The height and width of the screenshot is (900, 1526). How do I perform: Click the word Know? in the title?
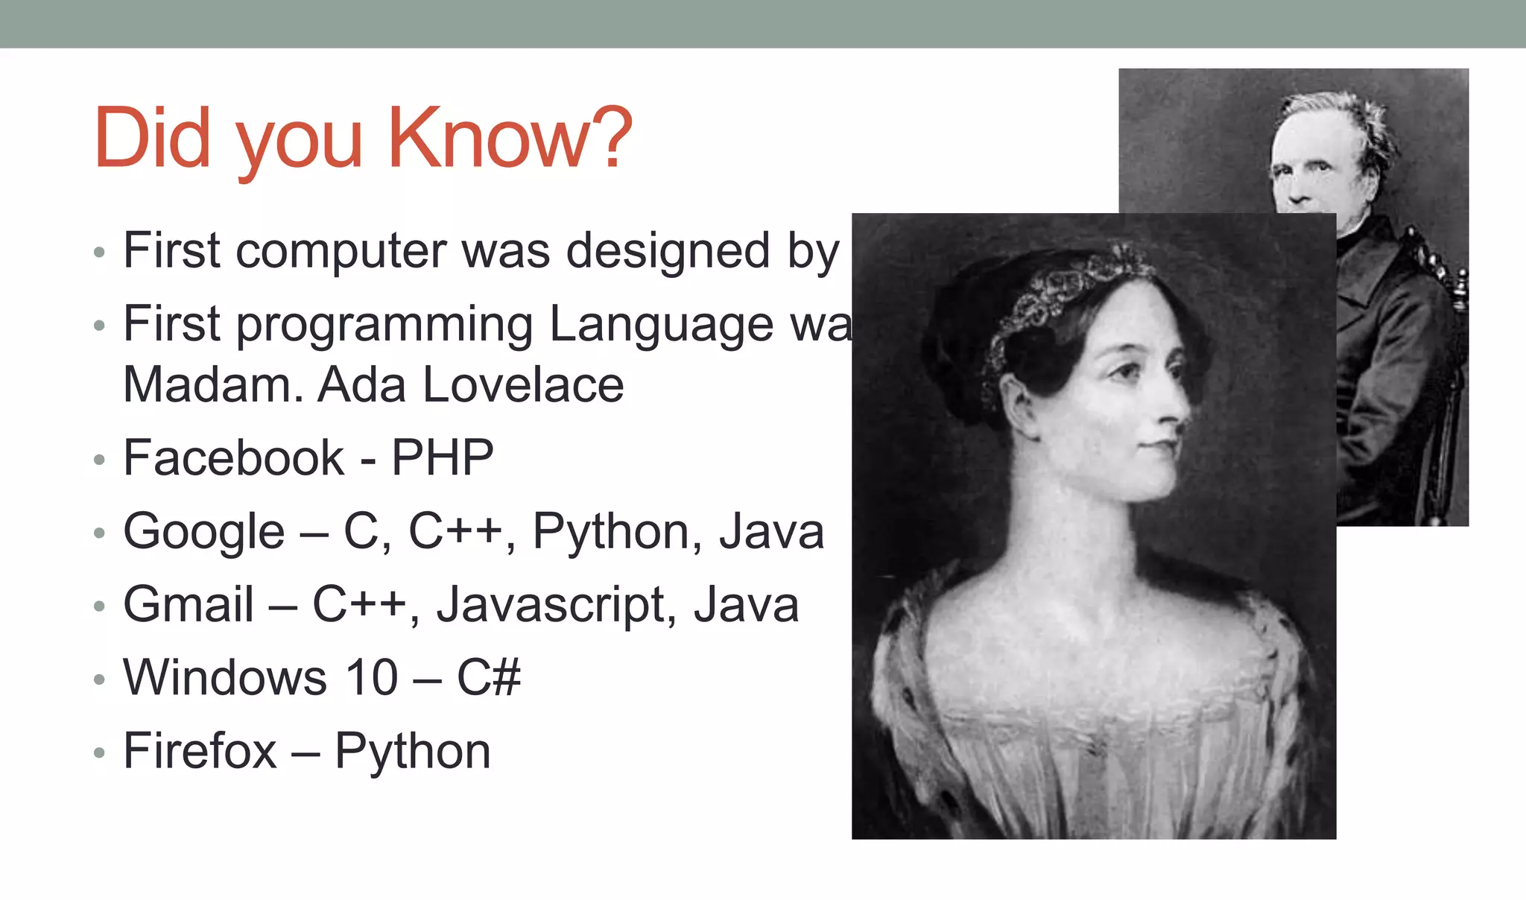click(510, 138)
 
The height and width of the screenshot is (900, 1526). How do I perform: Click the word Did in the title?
click(152, 138)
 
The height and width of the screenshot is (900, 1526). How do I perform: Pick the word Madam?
click(213, 384)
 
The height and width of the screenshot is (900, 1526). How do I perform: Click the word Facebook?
click(233, 457)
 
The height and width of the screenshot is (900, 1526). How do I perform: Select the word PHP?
click(443, 457)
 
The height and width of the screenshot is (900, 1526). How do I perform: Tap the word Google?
click(203, 531)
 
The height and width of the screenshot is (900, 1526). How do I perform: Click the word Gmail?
click(189, 604)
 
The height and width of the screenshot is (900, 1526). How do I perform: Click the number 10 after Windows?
click(372, 677)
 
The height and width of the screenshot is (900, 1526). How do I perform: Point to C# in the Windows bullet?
click(488, 677)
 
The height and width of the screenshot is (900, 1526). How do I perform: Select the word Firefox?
click(200, 750)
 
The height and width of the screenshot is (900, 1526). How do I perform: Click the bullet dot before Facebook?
click(100, 460)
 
